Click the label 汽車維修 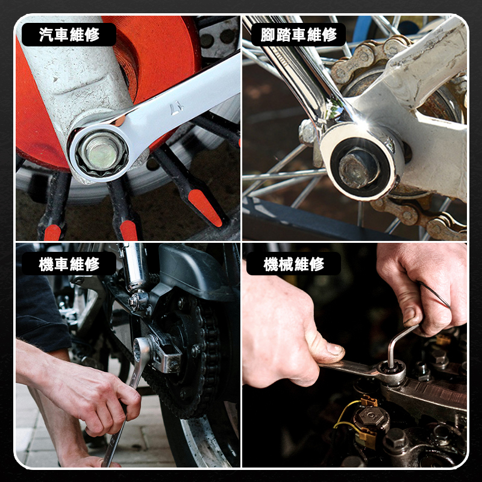click(x=69, y=34)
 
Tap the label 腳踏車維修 click(x=298, y=34)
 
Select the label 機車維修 click(x=69, y=264)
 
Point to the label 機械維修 click(x=294, y=264)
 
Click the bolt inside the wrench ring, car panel click(x=101, y=153)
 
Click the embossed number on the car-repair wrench click(x=177, y=109)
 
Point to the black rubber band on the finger click(x=433, y=295)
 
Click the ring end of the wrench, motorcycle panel click(x=141, y=350)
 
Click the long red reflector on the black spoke click(x=205, y=208)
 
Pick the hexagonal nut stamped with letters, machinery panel click(x=371, y=416)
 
